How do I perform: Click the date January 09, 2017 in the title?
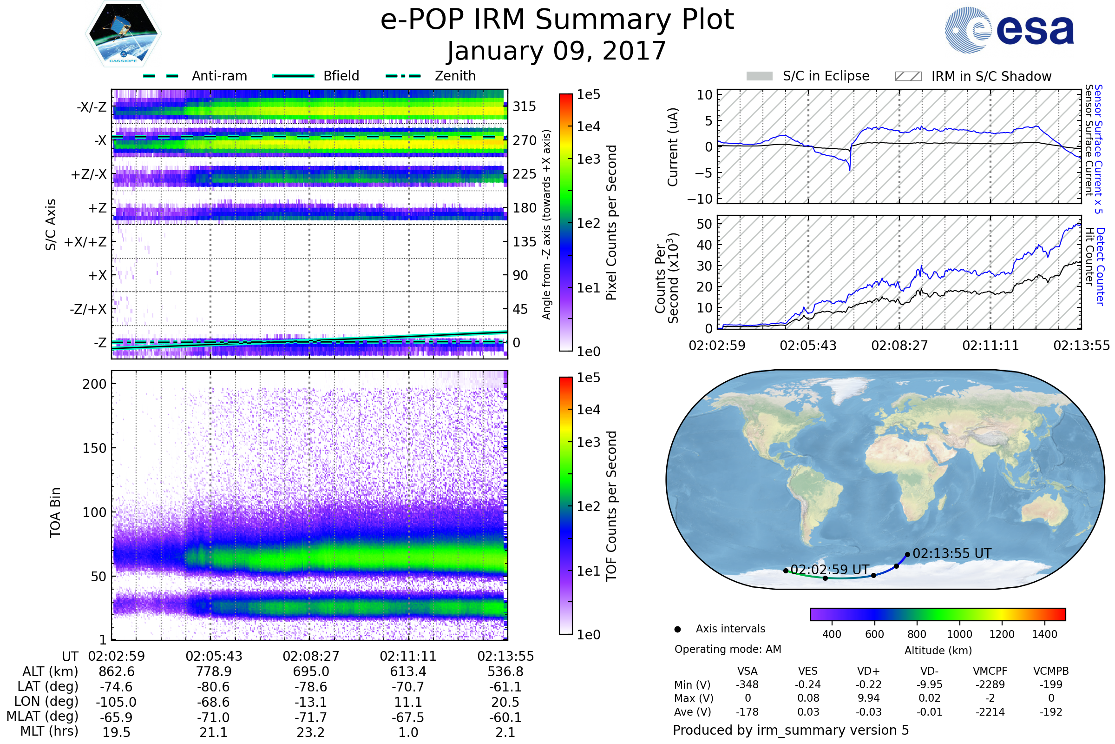point(557,51)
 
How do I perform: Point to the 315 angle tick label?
point(524,107)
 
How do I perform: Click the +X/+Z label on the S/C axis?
point(85,242)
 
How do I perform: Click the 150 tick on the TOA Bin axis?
point(94,448)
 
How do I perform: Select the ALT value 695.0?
point(311,672)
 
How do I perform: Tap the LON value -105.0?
point(116,702)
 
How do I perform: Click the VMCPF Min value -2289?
point(990,684)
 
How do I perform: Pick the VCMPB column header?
point(1051,671)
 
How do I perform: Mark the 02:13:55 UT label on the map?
point(952,554)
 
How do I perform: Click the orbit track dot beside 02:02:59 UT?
point(786,571)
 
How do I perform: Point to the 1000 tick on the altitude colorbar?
point(959,634)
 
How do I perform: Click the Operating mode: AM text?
point(728,649)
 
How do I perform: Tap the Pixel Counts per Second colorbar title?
point(611,223)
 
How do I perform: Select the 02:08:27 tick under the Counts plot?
point(899,345)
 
